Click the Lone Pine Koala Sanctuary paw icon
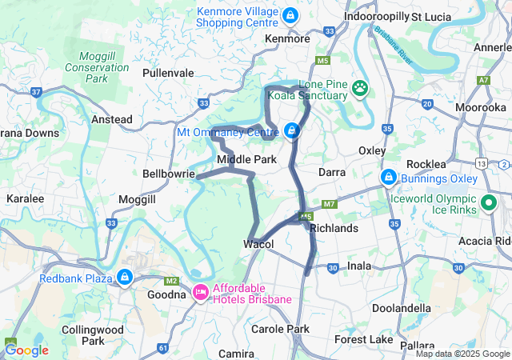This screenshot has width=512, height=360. pos(361,87)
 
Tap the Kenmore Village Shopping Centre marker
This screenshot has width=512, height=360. pos(290,15)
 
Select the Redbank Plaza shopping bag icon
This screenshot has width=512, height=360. pos(124,278)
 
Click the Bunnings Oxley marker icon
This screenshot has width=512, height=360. pos(388,175)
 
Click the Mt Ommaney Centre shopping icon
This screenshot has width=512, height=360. pos(293,130)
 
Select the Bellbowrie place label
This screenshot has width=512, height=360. pos(169,173)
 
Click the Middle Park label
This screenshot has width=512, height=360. pos(247,159)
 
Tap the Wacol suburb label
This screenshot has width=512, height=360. pos(258,244)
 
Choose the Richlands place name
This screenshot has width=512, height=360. pos(334,228)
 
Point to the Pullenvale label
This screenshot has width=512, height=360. pos(168,73)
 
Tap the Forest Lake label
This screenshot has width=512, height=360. pos(364,340)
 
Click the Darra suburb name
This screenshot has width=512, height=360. pos(332,172)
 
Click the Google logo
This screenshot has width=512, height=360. pos(26,350)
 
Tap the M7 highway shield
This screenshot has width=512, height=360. pos(330,205)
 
